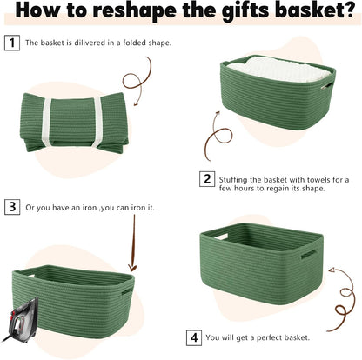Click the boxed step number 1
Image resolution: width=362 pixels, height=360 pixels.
[x=12, y=43]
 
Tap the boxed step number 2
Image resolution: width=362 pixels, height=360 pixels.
[x=207, y=179]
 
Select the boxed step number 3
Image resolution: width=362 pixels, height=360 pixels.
[x=12, y=207]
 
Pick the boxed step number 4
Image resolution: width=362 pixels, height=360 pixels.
[x=194, y=338]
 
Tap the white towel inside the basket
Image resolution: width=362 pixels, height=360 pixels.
[x=278, y=70]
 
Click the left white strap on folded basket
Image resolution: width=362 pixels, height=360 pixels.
[x=47, y=123]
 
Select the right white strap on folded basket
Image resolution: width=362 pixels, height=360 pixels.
[x=97, y=122]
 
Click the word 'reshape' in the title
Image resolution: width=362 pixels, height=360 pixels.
[x=135, y=10]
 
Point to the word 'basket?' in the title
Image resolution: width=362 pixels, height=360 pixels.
[x=315, y=10]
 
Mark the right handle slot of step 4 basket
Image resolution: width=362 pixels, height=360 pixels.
[x=308, y=254]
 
